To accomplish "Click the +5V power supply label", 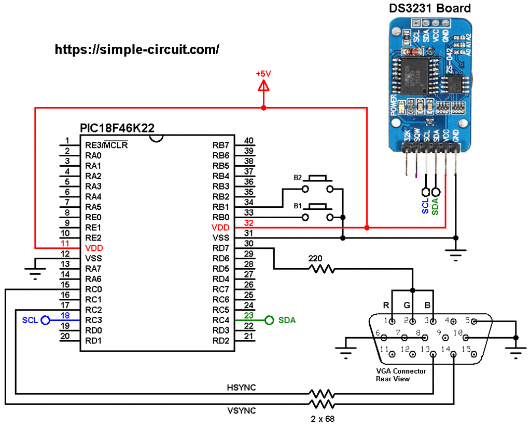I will tap(263, 74).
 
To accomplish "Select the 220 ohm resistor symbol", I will tap(322, 269).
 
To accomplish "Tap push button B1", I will tap(317, 212).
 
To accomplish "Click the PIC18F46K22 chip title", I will tap(117, 128).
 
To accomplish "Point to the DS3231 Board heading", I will tap(430, 8).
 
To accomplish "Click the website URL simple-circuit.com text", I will tap(137, 49).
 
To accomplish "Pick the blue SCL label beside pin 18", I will tap(30, 321).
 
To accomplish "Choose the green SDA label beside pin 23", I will tap(287, 321).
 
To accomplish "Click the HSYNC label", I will tap(241, 388).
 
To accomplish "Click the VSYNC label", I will tap(241, 410).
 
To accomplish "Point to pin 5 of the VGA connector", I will tap(473, 321).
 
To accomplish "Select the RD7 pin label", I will tap(221, 248).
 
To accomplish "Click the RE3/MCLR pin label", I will tap(106, 145).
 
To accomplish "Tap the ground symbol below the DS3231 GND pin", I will tap(456, 255).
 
